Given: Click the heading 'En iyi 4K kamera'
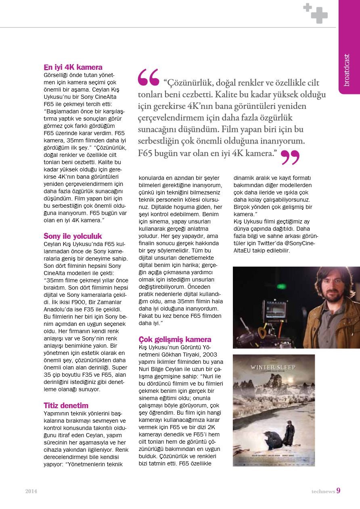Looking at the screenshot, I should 73,67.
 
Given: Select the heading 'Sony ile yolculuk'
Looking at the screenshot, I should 73,236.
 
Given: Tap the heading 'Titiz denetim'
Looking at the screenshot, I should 66,405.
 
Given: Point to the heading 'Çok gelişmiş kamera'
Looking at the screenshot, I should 175,339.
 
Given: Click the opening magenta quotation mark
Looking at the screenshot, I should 148,77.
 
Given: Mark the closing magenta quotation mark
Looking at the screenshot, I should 290,156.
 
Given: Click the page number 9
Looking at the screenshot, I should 338,491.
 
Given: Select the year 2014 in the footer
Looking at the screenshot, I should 31,491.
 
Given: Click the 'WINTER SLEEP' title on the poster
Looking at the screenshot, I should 273,367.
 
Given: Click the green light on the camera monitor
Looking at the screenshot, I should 278,287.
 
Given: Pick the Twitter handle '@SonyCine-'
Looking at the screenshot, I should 299,243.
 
